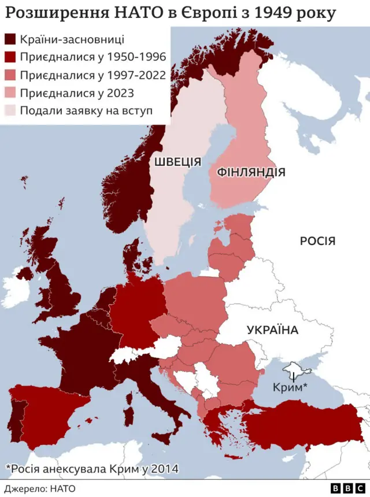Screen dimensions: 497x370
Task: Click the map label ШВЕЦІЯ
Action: click(177, 162)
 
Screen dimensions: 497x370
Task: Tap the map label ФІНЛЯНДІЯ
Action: click(250, 172)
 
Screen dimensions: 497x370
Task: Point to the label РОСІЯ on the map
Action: click(317, 241)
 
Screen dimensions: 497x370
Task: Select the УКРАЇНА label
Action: click(272, 331)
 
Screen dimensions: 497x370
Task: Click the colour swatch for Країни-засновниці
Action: click(10, 40)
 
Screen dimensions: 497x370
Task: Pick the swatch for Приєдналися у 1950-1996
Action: click(10, 57)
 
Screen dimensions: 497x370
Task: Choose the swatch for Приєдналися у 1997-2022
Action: click(10, 75)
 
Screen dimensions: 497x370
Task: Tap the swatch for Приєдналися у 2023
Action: click(10, 92)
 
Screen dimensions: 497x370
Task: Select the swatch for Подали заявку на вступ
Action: click(10, 110)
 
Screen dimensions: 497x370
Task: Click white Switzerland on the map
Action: click(130, 353)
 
